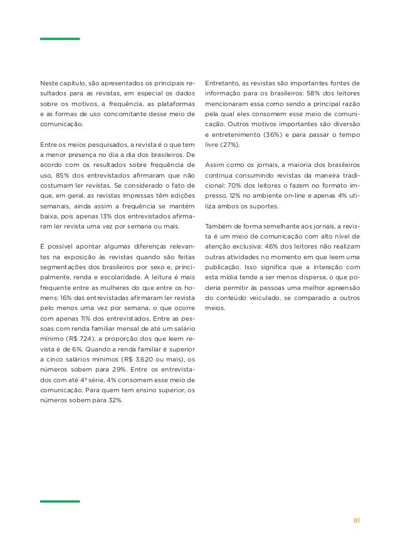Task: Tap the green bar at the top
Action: click(60, 39)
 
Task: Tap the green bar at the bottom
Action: click(60, 501)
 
